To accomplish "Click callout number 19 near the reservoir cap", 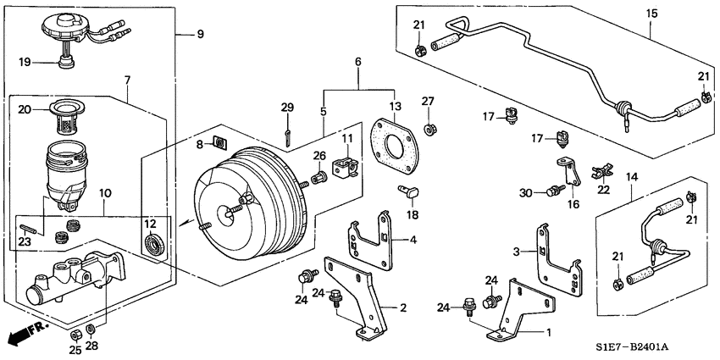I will pos(25,62).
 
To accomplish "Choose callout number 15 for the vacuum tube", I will pos(651,14).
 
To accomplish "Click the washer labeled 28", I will pos(91,329).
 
